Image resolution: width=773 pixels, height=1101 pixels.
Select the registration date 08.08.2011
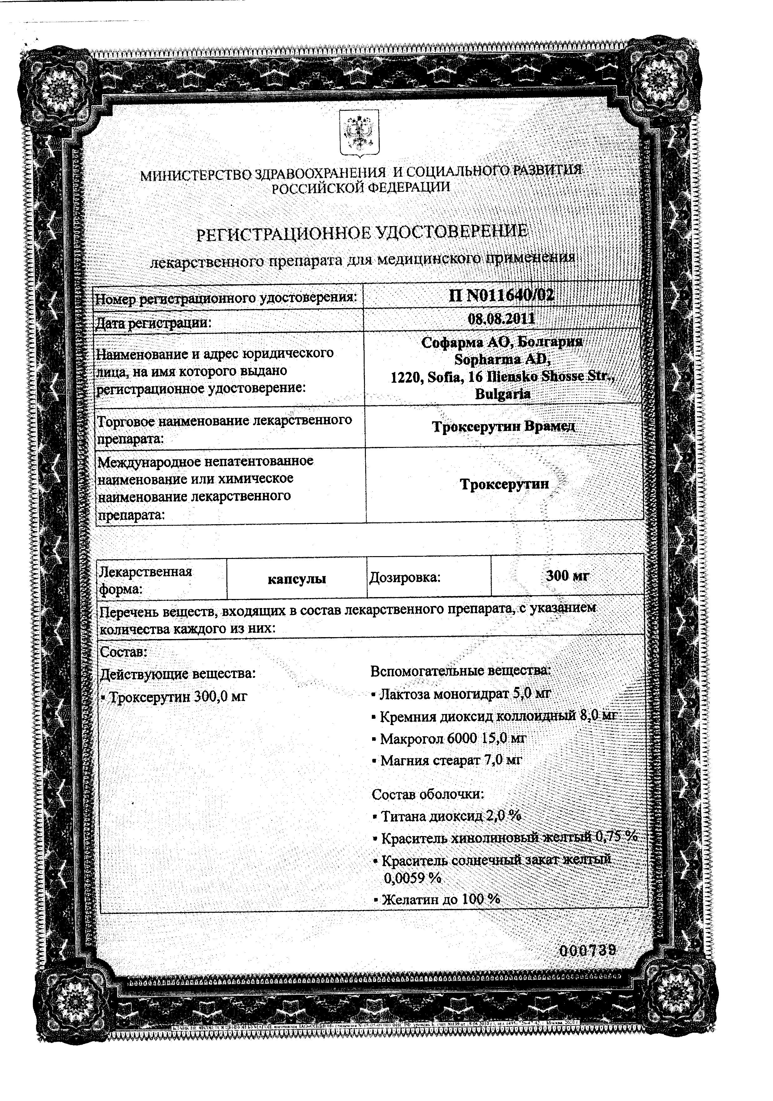pos(502,319)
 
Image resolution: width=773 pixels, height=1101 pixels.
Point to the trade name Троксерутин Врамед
pos(503,426)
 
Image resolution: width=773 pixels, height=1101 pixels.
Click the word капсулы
pos(296,579)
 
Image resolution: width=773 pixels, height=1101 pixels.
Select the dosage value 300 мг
pos(567,576)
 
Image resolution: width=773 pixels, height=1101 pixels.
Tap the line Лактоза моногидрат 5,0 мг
pos(464,693)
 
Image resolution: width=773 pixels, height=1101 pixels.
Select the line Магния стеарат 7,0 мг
pos(450,760)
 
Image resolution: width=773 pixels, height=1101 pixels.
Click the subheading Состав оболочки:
pos(428,794)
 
